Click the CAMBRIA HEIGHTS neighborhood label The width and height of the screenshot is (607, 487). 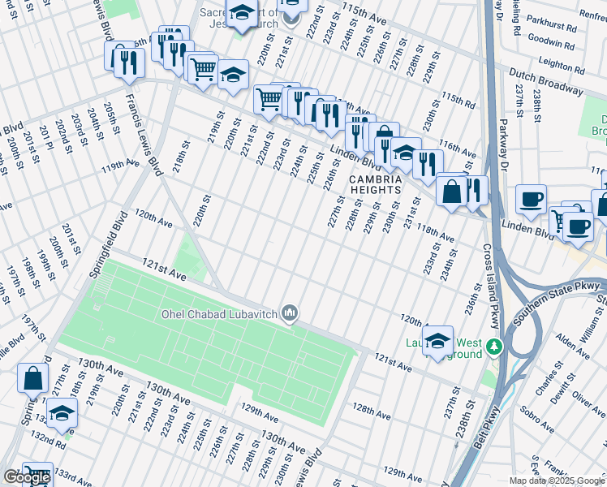376,184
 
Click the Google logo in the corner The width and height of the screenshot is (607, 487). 27,477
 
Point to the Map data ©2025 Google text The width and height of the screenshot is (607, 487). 557,481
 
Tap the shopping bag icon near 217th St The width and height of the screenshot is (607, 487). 32,379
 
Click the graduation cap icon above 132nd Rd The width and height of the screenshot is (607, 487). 62,414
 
